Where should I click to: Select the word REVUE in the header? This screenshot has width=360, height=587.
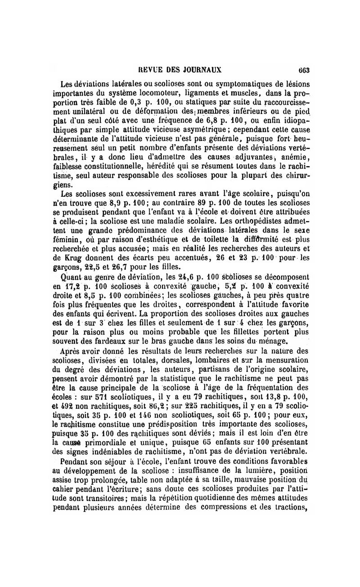[150, 70]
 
